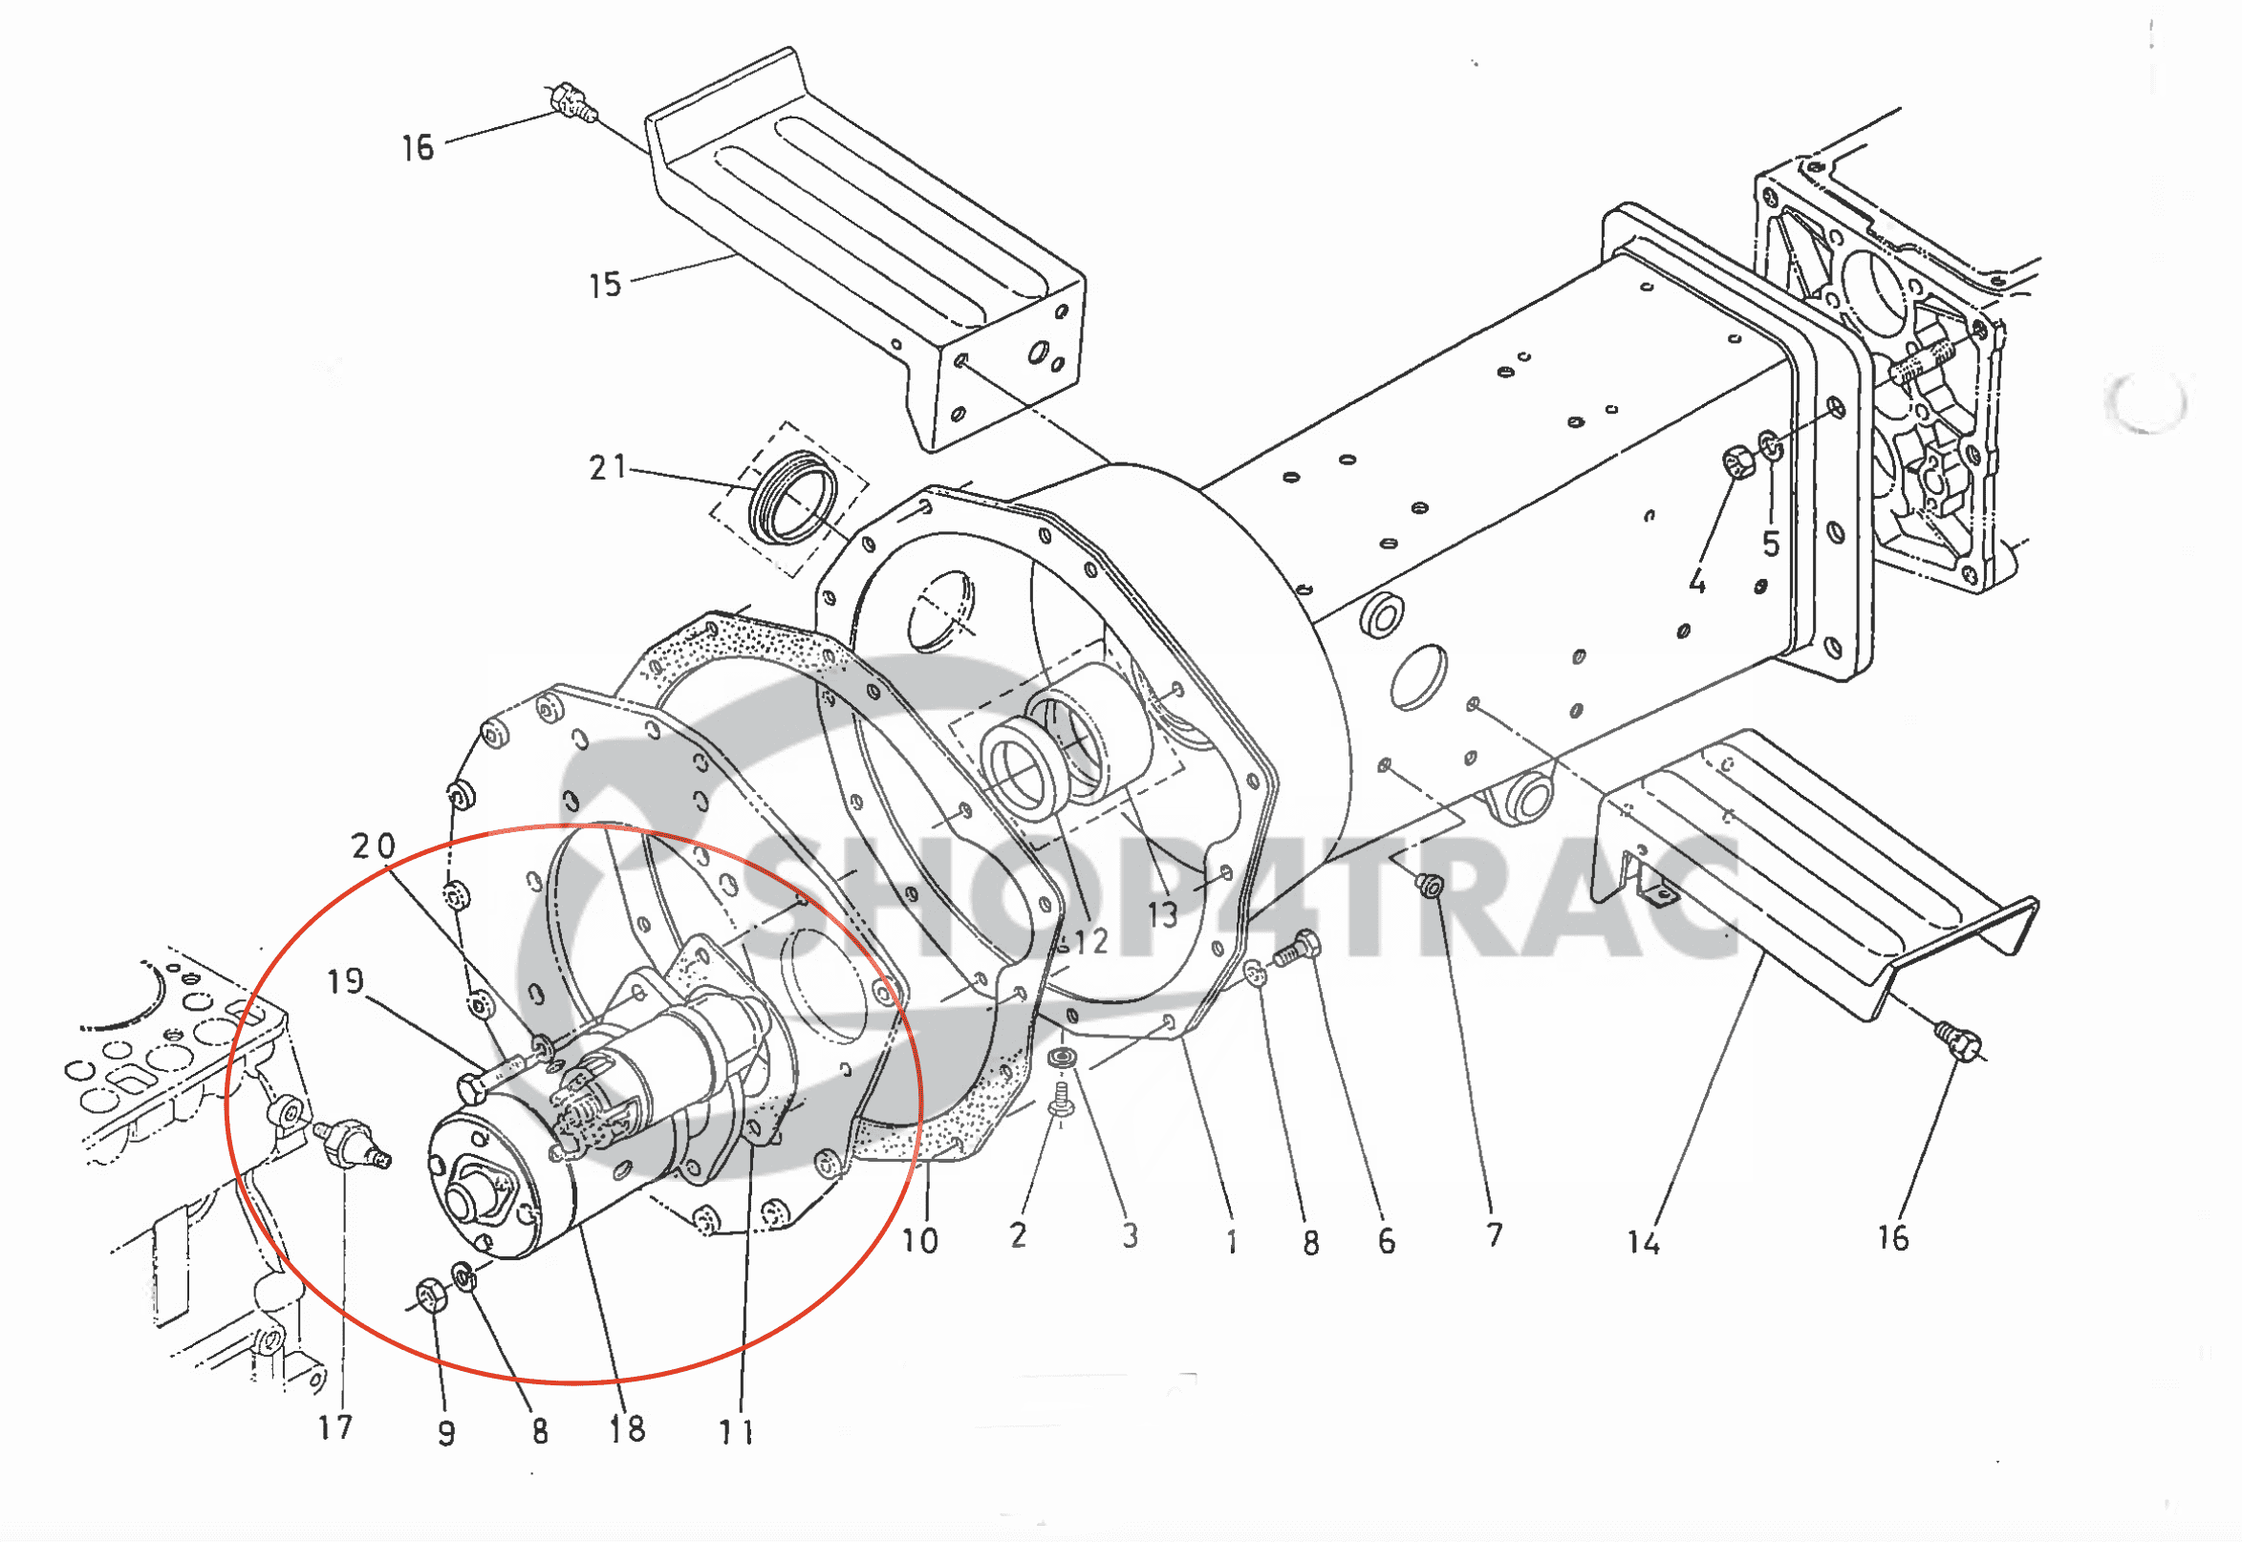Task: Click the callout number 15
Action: pos(605,285)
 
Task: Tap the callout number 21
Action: pos(608,467)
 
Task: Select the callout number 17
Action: pos(335,1427)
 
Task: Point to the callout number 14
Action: pos(1643,1241)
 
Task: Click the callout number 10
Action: pos(919,1240)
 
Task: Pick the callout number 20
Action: pos(373,846)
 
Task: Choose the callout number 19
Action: pos(345,981)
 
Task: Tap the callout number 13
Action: pos(1162,915)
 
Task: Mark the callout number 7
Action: pos(1494,1233)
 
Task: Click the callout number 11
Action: pos(737,1431)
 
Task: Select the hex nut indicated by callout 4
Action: pos(1739,461)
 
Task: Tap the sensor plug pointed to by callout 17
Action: pos(352,1143)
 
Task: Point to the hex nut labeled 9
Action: pos(430,1296)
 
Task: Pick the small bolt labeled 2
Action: pos(1061,1101)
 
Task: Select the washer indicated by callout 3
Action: pos(1064,1058)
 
